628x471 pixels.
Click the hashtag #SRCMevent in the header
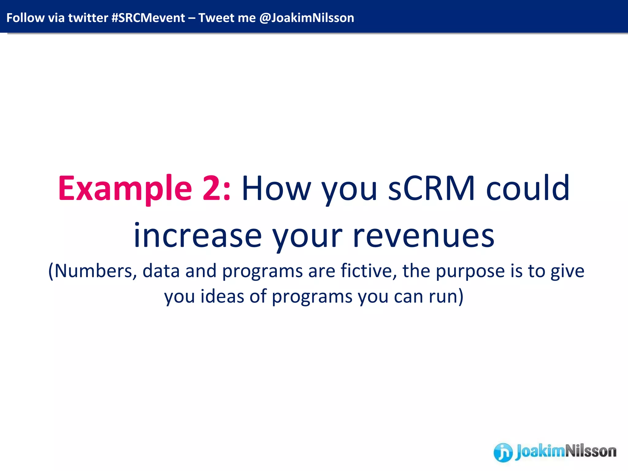148,18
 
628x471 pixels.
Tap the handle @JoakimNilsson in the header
306,18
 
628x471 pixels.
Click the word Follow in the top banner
25,18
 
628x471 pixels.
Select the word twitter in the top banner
88,18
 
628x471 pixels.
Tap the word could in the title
528,189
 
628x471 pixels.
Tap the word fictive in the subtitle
368,271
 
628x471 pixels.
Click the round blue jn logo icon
503,452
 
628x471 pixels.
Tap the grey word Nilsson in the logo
590,451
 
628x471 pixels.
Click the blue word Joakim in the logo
540,451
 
